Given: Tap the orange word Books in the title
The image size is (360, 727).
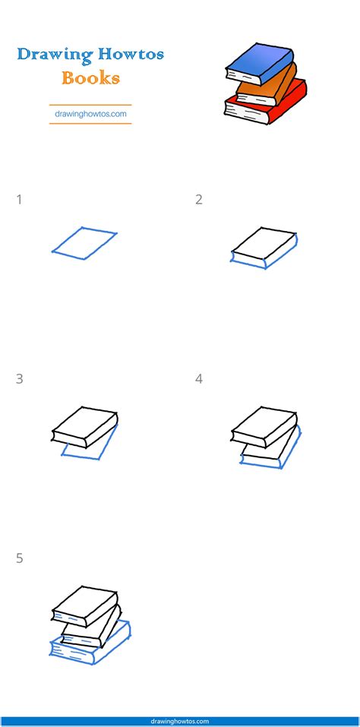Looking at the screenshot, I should coord(90,77).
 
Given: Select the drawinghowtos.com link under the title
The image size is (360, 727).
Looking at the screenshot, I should coord(90,115).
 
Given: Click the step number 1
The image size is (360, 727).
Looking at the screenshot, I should coord(19,200).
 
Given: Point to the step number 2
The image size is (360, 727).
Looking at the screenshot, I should coord(199,200).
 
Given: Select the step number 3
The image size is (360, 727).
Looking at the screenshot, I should coord(19,379).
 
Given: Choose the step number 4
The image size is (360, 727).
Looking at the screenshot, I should coord(199,379).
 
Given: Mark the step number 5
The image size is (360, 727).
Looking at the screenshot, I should coord(19,558).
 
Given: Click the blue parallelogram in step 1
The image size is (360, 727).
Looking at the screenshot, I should coord(84,243).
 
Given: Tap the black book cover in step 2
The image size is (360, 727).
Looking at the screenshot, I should coord(263,242).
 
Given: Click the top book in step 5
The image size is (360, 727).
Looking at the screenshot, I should coord(83,599).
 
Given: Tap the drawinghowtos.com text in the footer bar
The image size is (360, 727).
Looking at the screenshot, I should coord(180,722).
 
